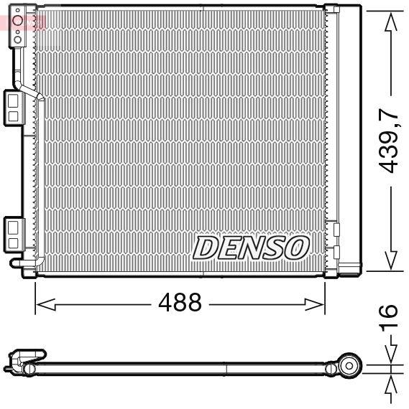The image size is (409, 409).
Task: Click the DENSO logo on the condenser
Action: [249, 248]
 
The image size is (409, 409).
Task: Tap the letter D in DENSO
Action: [206, 248]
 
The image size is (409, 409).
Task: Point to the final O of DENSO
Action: [296, 248]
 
